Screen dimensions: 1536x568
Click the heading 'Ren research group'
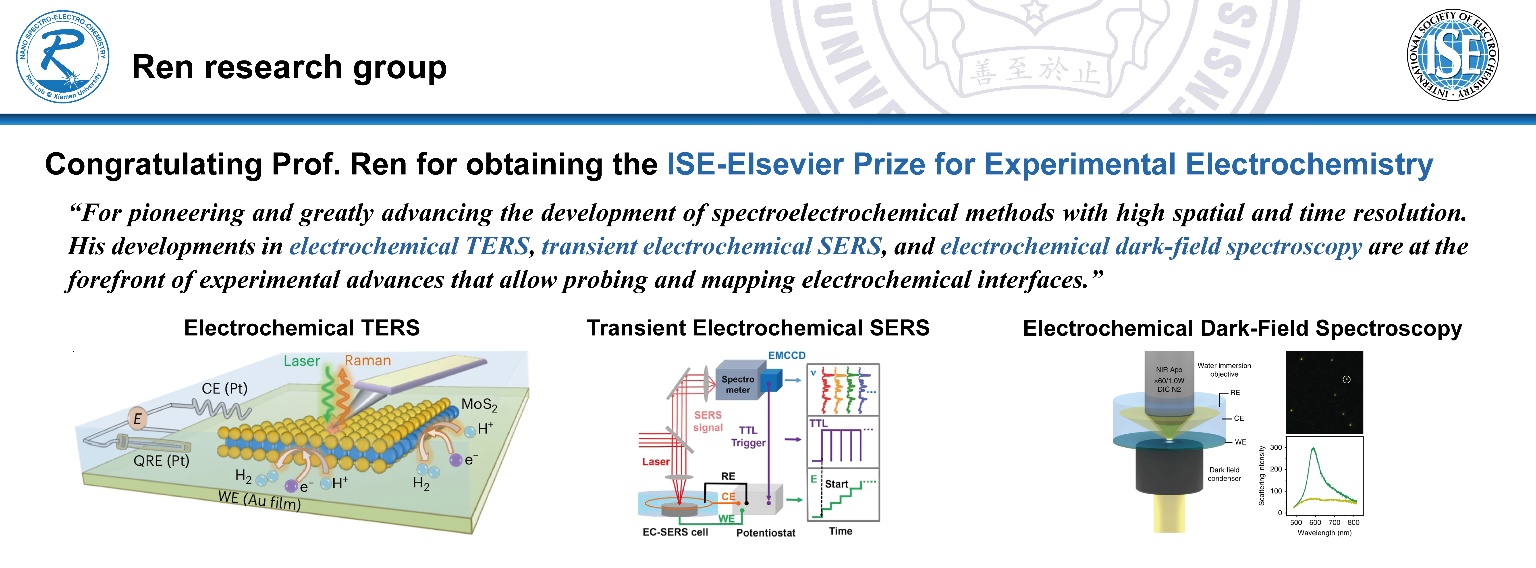[289, 67]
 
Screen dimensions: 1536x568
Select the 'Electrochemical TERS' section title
[302, 328]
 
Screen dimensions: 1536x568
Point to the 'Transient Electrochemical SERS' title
[758, 328]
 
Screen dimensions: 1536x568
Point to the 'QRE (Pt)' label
[161, 461]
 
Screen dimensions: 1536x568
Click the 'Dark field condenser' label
[1224, 474]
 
